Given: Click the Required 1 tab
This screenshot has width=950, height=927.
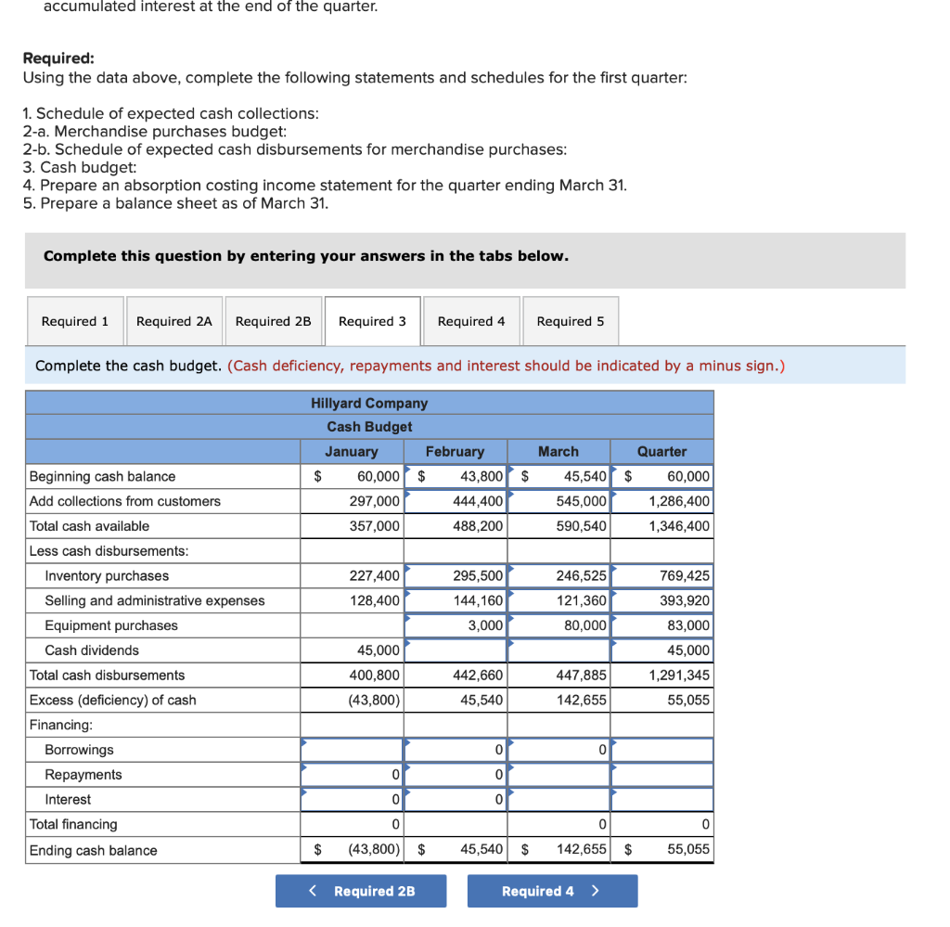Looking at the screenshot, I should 75,321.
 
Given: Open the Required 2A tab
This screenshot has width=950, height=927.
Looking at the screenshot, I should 174,321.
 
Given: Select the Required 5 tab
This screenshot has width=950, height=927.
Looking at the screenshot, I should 570,321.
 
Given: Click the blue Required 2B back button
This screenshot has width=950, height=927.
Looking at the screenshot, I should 361,891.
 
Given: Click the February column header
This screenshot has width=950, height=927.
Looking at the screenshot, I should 455,452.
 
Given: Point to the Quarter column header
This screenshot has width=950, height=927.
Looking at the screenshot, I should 661,452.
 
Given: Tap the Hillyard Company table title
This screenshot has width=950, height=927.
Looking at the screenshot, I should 369,404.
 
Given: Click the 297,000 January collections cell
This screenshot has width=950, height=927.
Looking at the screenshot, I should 353,501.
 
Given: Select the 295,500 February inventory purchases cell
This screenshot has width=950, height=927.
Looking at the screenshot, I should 456,575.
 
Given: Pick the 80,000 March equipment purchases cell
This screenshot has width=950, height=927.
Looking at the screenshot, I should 558,625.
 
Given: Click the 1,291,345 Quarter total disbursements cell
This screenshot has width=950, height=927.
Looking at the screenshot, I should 661,675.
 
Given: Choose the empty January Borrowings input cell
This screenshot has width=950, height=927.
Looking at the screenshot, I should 353,750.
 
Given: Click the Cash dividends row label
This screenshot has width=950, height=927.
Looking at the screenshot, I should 92,650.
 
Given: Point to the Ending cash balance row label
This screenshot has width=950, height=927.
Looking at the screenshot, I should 94,850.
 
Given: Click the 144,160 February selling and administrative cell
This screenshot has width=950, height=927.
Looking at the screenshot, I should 456,600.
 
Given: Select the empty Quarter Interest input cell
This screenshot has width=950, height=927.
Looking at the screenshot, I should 661,799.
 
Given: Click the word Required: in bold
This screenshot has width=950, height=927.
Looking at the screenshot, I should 58,58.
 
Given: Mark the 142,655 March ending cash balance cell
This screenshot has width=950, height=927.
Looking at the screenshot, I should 558,849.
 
